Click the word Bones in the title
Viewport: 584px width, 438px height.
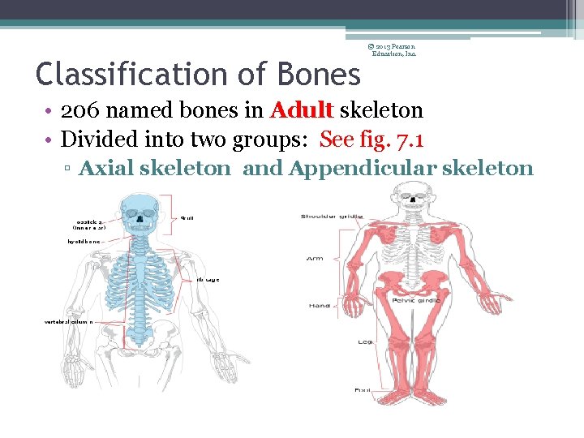coord(320,75)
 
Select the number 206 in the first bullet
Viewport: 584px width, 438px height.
coord(83,110)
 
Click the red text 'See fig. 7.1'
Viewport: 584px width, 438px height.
coord(371,139)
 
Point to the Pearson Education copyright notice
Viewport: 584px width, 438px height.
coord(394,49)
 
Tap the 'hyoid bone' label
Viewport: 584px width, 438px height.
coord(84,241)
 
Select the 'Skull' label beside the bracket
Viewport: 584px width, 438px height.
coord(187,217)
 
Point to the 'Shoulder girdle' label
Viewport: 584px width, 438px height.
coord(332,217)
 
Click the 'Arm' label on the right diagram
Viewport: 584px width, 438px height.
coord(314,259)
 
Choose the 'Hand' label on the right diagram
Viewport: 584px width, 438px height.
coord(318,305)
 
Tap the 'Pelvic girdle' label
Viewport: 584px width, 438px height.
coord(416,300)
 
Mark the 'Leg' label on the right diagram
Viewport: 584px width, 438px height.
coord(364,341)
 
